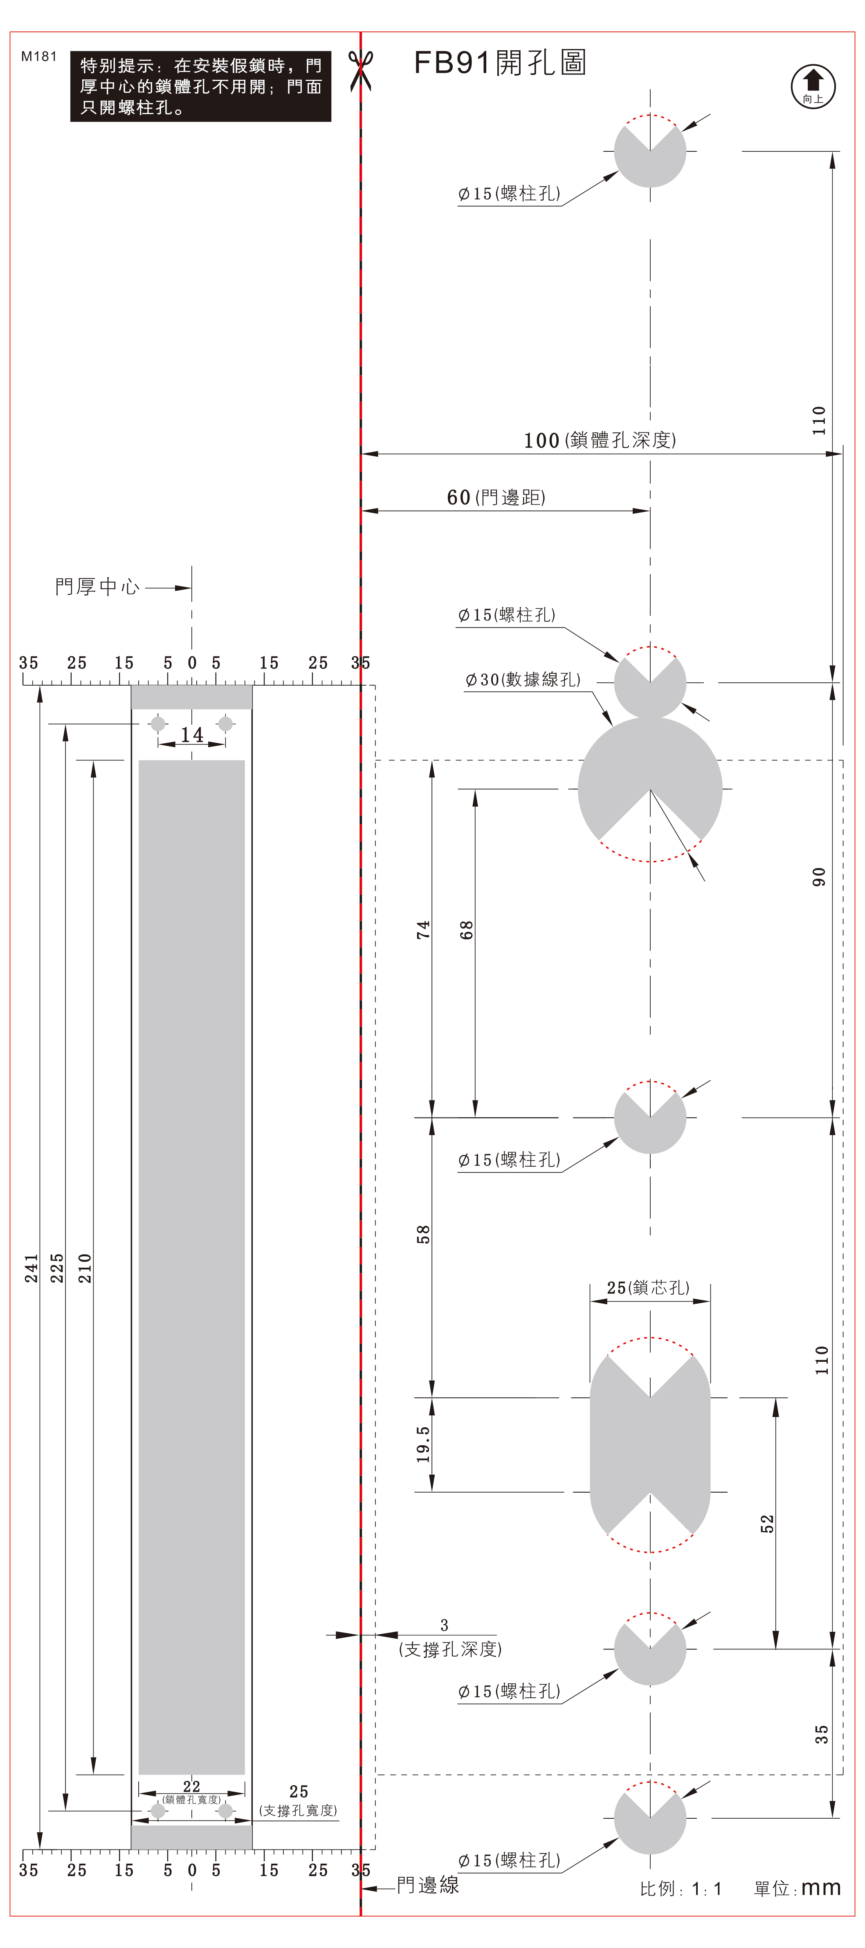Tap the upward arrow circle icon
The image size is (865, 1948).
click(813, 86)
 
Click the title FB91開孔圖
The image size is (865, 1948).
click(500, 63)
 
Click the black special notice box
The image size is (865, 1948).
click(200, 86)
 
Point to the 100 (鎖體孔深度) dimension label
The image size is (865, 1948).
click(600, 440)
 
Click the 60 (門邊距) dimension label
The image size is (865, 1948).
click(496, 497)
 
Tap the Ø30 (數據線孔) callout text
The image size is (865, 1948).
click(523, 679)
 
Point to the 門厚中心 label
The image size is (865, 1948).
click(97, 587)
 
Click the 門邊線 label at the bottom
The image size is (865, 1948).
click(428, 1885)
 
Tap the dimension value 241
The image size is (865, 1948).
click(31, 1268)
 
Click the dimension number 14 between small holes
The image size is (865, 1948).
click(192, 734)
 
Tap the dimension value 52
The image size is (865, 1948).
click(767, 1524)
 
